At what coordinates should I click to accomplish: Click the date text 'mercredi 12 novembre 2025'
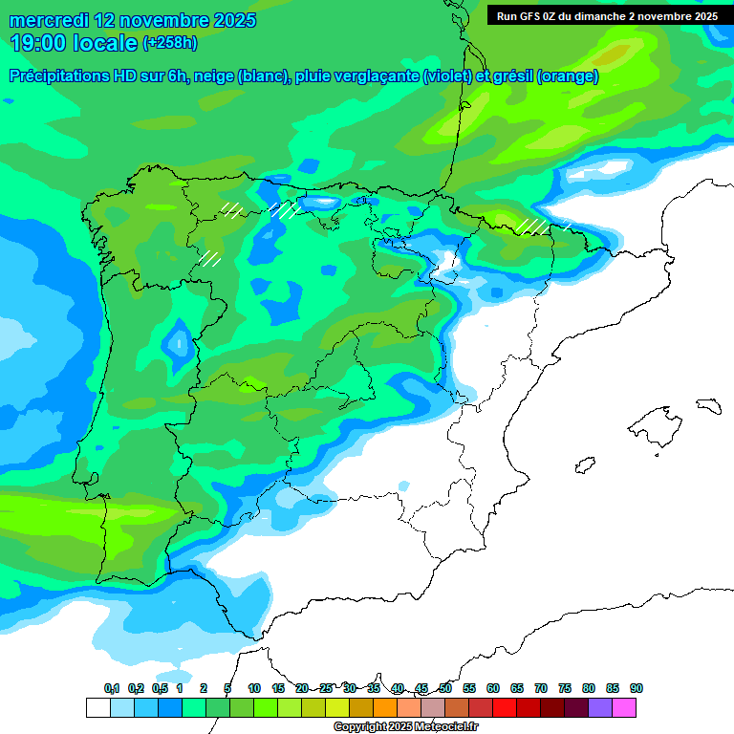click(133, 20)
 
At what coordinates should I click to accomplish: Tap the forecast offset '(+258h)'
click(169, 43)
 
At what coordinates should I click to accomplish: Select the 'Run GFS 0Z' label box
click(607, 15)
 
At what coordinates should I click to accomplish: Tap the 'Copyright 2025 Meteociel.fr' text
click(405, 727)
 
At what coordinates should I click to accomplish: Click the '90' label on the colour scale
click(637, 688)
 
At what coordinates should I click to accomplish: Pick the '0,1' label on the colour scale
click(112, 688)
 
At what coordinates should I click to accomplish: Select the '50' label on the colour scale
click(445, 688)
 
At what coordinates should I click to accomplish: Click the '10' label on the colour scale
click(254, 688)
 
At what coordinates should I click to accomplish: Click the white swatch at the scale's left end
click(97, 707)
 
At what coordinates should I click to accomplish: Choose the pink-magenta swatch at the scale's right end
click(624, 707)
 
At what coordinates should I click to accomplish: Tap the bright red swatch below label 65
click(505, 707)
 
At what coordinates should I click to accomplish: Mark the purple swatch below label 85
click(600, 707)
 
